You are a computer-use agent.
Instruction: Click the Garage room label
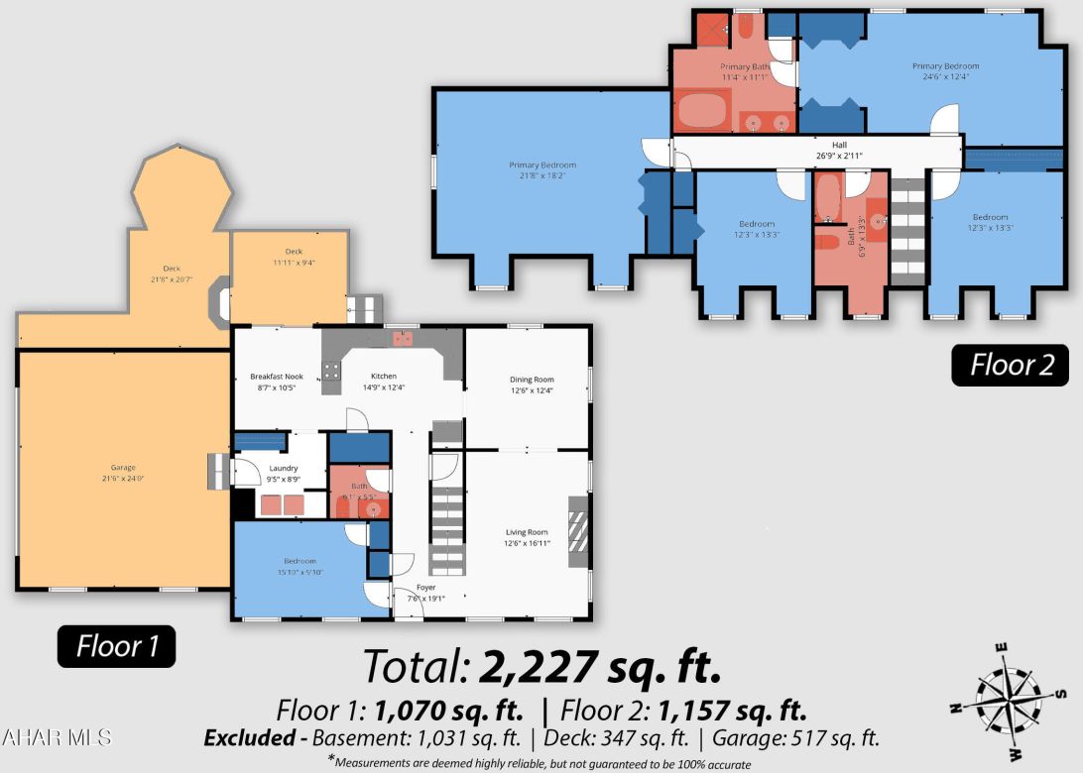click(123, 473)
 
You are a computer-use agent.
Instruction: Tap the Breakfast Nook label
click(277, 382)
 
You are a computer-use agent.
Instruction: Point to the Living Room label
click(526, 537)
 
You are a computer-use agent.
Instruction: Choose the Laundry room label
click(284, 473)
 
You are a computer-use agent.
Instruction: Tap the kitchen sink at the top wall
click(403, 339)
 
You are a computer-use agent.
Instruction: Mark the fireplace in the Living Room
click(577, 531)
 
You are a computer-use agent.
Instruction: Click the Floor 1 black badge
click(116, 647)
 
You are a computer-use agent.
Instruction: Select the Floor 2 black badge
click(1011, 365)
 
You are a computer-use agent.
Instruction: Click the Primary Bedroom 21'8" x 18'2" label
click(542, 170)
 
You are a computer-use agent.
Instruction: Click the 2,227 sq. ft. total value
click(599, 666)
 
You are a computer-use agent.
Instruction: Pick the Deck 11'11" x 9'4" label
click(294, 256)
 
